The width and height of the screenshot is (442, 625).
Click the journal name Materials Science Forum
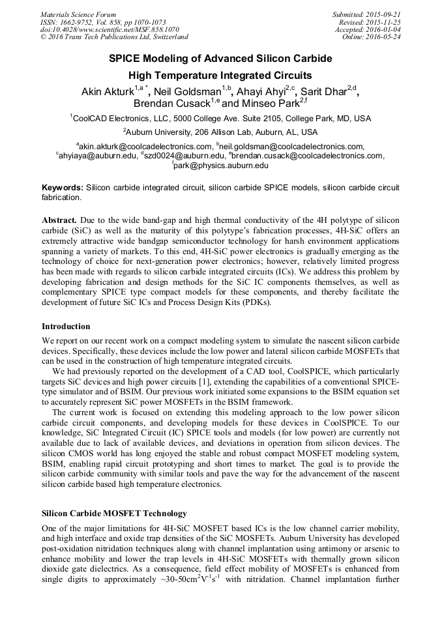(78, 14)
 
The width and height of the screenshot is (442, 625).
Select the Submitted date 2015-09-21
(381, 14)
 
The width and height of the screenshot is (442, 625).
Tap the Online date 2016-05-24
(381, 37)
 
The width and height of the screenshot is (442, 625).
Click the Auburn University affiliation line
(220, 131)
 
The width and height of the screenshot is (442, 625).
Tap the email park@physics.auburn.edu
(222, 166)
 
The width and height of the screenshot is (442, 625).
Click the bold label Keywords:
(62, 187)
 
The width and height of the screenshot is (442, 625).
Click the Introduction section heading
(66, 327)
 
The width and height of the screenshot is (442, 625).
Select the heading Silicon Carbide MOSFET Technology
(114, 514)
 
